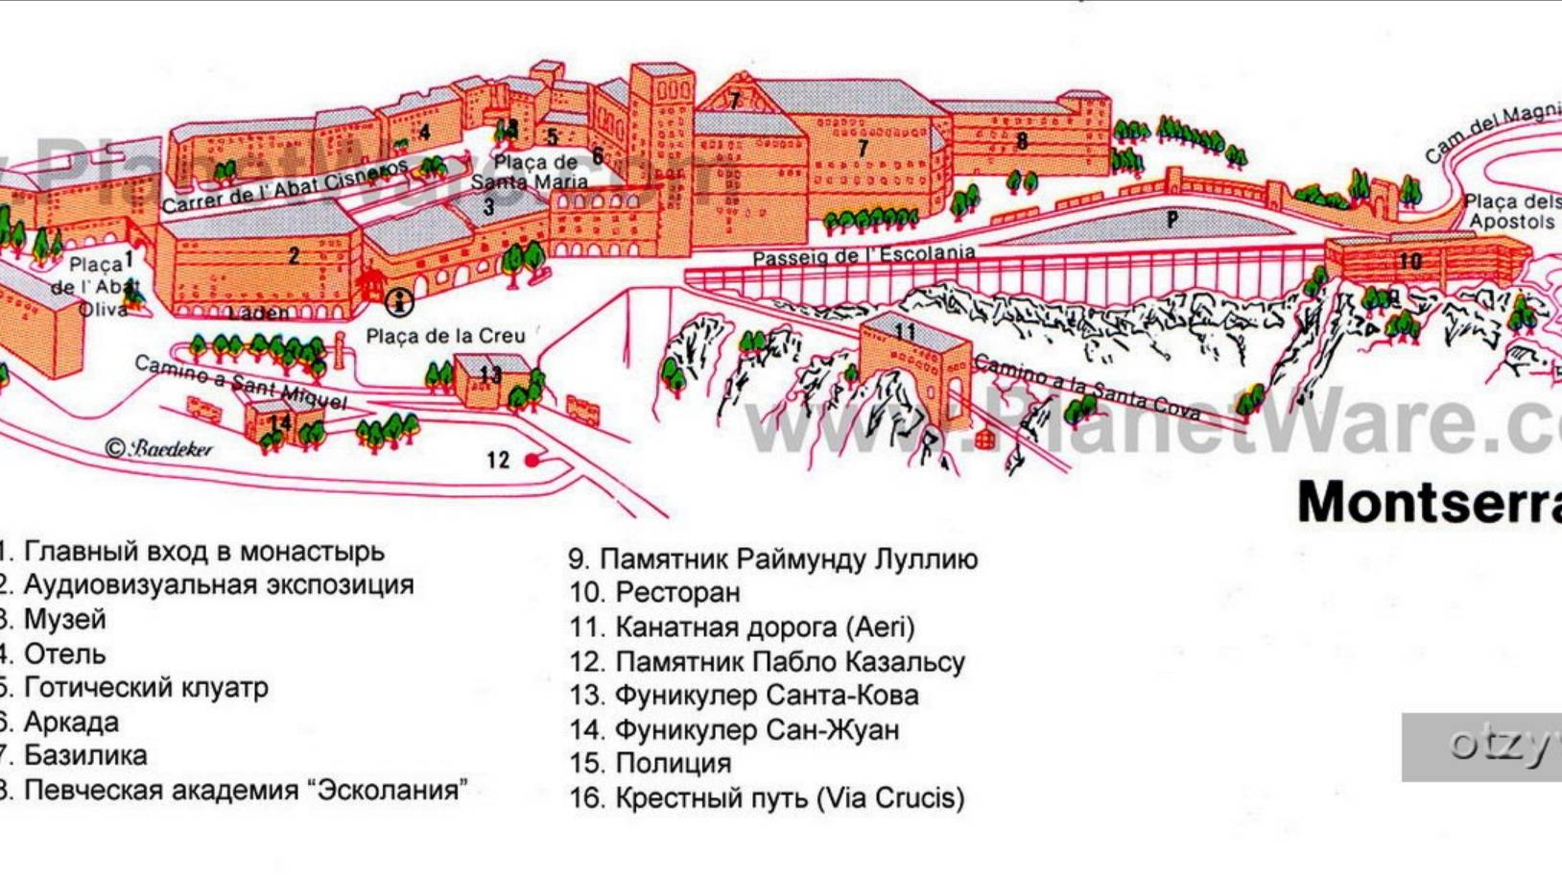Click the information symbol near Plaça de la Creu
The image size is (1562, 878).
point(399,302)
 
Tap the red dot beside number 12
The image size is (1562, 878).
point(532,461)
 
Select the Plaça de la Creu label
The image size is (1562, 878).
point(445,336)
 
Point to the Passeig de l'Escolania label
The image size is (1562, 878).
point(863,256)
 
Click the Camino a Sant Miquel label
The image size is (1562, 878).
point(240,382)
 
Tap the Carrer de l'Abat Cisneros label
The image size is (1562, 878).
point(284,186)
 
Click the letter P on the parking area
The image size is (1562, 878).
point(1171,220)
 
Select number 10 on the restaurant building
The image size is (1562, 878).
point(1409,260)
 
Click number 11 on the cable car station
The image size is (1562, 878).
point(905,332)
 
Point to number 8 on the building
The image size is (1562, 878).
point(1022,142)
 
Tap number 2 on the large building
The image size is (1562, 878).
point(294,256)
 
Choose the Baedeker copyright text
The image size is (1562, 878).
point(159,448)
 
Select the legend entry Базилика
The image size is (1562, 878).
point(85,756)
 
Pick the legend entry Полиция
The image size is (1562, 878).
point(673,764)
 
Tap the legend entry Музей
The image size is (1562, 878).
point(64,620)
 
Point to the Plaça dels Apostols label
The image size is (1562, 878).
point(1511,212)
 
